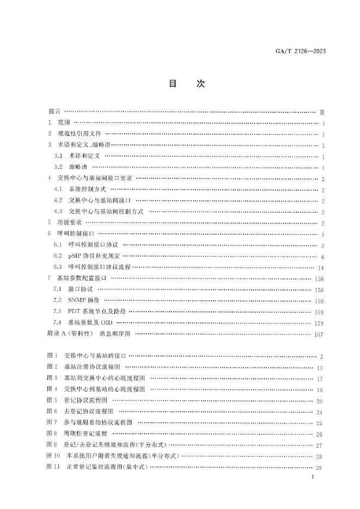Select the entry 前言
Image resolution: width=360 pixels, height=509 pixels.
pyautogui.click(x=55, y=111)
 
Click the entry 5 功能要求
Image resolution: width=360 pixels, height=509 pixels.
pyautogui.click(x=65, y=222)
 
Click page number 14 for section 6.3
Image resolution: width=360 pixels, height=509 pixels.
pyautogui.click(x=321, y=268)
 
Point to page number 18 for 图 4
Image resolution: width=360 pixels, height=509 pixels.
pyautogui.click(x=320, y=390)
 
